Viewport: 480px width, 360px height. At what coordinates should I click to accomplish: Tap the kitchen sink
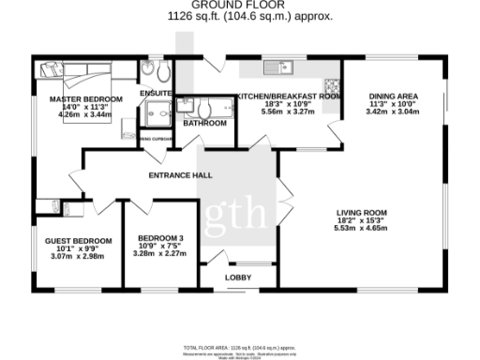277,67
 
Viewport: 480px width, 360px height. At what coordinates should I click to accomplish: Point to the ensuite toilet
160,73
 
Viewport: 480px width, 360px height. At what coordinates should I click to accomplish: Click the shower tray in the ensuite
153,112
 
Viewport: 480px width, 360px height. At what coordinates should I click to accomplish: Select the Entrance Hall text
179,175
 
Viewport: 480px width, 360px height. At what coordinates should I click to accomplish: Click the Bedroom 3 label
160,237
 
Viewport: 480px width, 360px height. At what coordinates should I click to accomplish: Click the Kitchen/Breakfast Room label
287,96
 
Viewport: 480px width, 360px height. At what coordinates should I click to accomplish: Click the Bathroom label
204,123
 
